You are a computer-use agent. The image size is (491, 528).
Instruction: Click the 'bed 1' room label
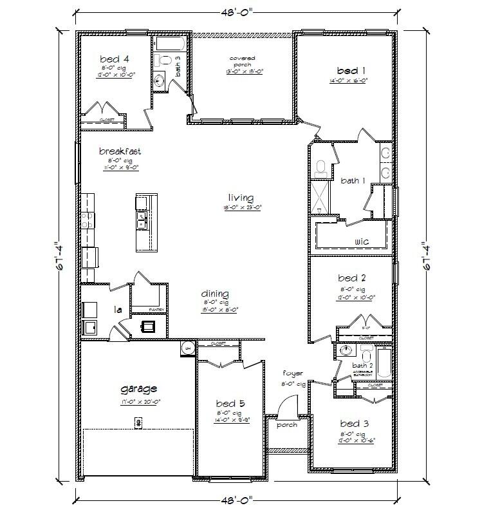click(352, 70)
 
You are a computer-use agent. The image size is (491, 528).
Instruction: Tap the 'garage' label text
click(138, 389)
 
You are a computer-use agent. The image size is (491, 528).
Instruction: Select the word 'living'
click(240, 198)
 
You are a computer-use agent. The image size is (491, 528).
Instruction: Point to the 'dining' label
click(215, 294)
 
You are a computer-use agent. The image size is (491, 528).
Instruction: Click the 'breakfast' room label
click(120, 151)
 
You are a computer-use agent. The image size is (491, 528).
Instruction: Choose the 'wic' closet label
click(361, 241)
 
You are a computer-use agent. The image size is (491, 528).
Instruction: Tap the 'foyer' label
click(292, 373)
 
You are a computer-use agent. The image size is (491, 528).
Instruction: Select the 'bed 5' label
click(228, 404)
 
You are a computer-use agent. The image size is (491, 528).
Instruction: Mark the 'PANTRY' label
click(158, 310)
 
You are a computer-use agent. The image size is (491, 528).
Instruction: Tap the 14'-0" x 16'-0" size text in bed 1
click(351, 80)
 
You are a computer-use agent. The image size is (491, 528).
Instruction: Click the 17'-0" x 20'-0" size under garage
click(140, 401)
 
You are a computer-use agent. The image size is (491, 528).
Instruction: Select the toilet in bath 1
click(321, 169)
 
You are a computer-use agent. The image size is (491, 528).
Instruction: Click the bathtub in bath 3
click(171, 45)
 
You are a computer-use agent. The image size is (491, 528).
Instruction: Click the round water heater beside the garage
click(187, 348)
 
